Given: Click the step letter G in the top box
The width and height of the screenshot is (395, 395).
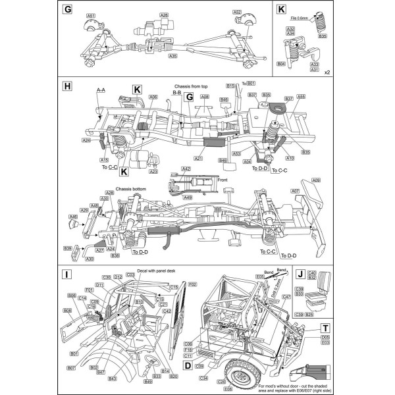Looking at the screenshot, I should (67, 10).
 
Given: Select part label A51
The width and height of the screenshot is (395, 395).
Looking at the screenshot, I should (91, 14).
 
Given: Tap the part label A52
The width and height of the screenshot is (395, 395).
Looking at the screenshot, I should (237, 12).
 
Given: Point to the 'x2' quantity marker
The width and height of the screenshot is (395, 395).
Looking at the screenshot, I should (327, 72).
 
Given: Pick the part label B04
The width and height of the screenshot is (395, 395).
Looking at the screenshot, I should (281, 64).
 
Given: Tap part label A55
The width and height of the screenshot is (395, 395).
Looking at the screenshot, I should (301, 97).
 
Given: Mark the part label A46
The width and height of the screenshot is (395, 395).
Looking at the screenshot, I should (73, 216).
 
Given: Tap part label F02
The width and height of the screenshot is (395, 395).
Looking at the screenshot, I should (193, 284).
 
